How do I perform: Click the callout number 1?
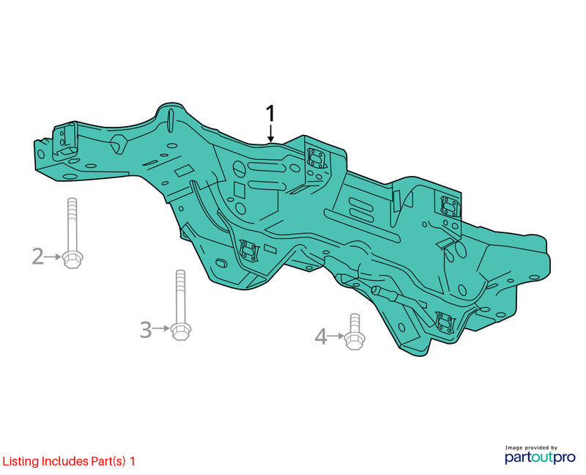click(x=270, y=114)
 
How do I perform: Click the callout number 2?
click(x=38, y=257)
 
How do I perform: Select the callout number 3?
click(x=146, y=330)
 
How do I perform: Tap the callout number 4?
click(x=321, y=336)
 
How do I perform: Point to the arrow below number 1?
click(x=270, y=133)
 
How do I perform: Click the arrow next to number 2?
click(x=53, y=257)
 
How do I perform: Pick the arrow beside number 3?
click(x=161, y=328)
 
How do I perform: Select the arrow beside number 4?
click(x=335, y=336)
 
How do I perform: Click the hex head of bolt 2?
click(x=73, y=259)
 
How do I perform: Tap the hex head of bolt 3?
click(x=181, y=331)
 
